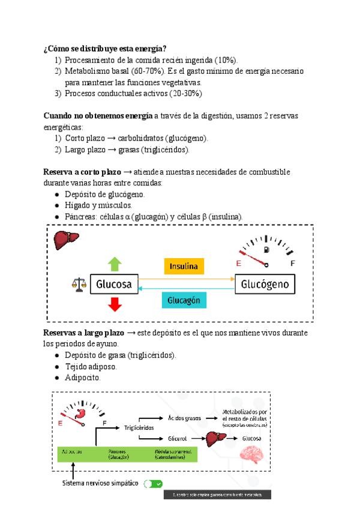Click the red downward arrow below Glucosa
pyautogui.click(x=115, y=304)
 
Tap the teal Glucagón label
pyautogui.click(x=184, y=300)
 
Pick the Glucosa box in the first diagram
pyautogui.click(x=114, y=284)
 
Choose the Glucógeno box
pyautogui.click(x=265, y=284)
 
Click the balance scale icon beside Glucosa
pyautogui.click(x=79, y=283)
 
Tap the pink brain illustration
pyautogui.click(x=252, y=454)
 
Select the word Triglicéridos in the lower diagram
pyautogui.click(x=139, y=427)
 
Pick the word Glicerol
pyautogui.click(x=178, y=439)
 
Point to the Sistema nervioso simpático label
pyautogui.click(x=100, y=483)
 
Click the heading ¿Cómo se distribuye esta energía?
pyautogui.click(x=105, y=48)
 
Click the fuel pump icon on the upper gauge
pyautogui.click(x=266, y=249)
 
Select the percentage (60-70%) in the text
pyautogui.click(x=146, y=71)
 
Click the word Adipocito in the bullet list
pyautogui.click(x=82, y=378)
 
